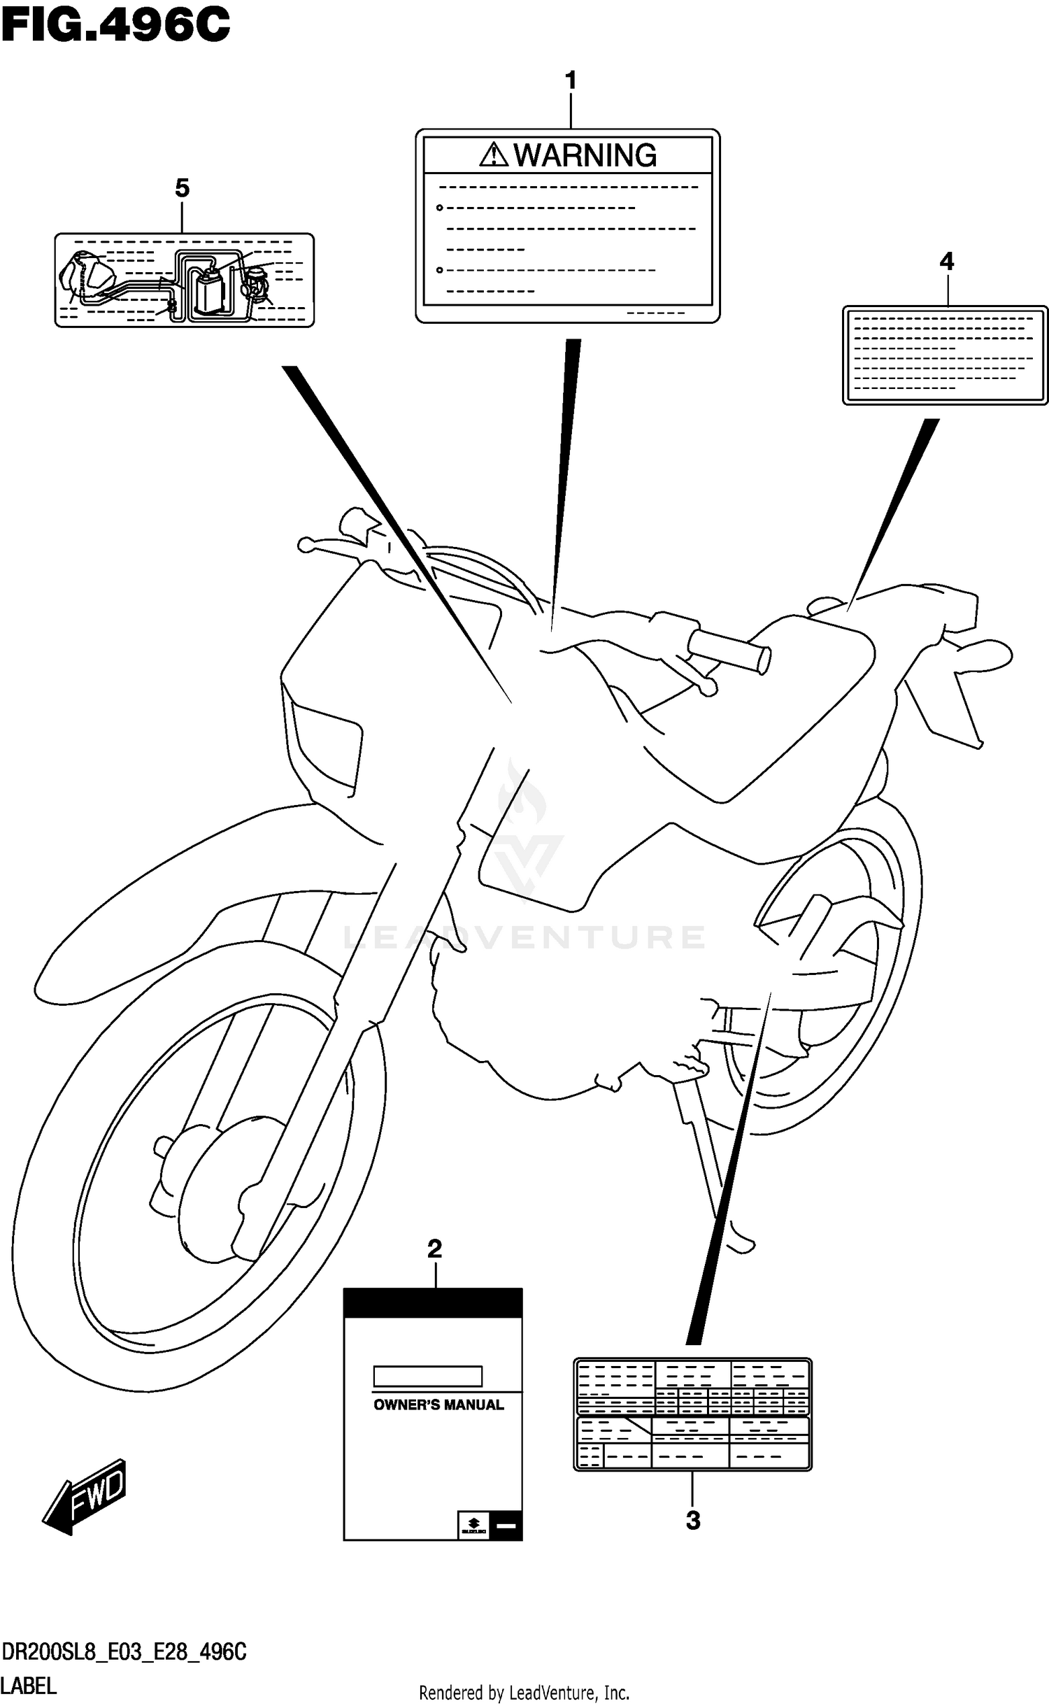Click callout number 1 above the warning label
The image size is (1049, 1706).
[x=571, y=81]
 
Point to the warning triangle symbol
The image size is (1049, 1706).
[x=494, y=155]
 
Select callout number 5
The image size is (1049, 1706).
[x=182, y=188]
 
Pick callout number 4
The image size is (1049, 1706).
[x=946, y=262]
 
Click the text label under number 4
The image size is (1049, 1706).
[x=945, y=355]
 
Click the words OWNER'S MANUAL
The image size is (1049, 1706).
[x=438, y=1405]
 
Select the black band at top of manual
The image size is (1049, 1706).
[x=433, y=1303]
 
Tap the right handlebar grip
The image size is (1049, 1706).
[x=728, y=651]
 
